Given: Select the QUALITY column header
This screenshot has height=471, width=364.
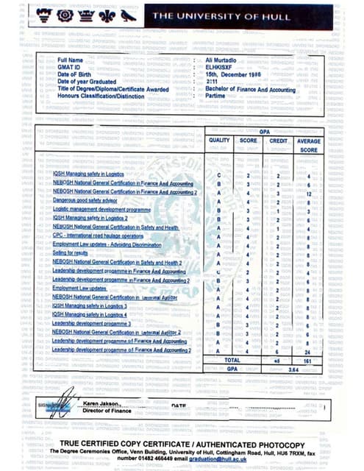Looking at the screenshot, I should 220,140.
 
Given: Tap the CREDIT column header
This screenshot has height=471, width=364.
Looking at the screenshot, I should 278,140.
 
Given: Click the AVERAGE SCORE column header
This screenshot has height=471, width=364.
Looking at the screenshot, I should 309,144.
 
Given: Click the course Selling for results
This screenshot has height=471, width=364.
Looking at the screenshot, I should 72,252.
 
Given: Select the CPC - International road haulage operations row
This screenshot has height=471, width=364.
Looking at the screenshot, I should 99,235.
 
